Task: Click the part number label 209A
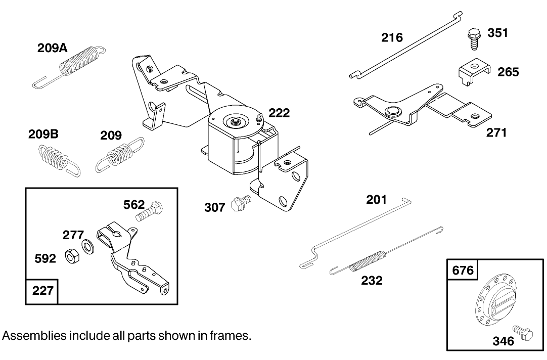coord(53,48)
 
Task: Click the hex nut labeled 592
coord(71,257)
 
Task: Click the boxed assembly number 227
coord(42,292)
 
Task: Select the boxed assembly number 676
coord(463,271)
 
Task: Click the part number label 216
coord(392,37)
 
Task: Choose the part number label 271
coord(496,133)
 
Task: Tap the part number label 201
coord(376,200)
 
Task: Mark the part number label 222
coord(279,113)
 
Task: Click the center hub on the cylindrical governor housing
coord(236,121)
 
